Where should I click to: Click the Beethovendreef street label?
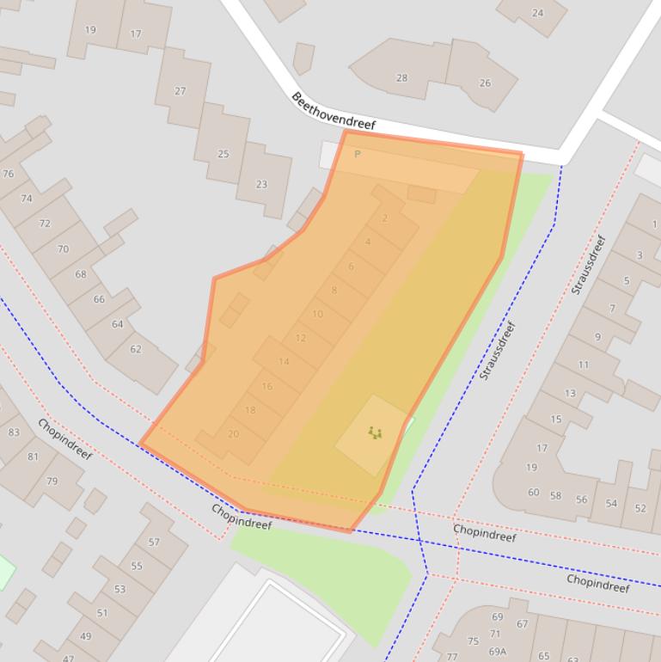[334, 111]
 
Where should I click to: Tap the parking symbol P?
[358, 155]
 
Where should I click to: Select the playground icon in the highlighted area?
[375, 432]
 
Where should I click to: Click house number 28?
[401, 78]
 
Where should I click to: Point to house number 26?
[485, 83]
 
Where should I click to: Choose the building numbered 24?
[538, 13]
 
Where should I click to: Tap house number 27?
[180, 91]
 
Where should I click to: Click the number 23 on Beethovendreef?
[261, 184]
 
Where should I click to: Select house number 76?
[9, 174]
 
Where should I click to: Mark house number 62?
[136, 349]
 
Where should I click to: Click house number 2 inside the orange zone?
[385, 218]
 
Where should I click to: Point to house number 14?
[284, 361]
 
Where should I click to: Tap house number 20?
[233, 434]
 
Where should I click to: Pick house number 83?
[14, 432]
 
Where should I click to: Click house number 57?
[154, 542]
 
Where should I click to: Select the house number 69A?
[498, 652]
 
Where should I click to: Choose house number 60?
[534, 493]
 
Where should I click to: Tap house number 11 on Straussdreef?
[584, 365]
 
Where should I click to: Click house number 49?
[85, 636]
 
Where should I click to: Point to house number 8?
[334, 291]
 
